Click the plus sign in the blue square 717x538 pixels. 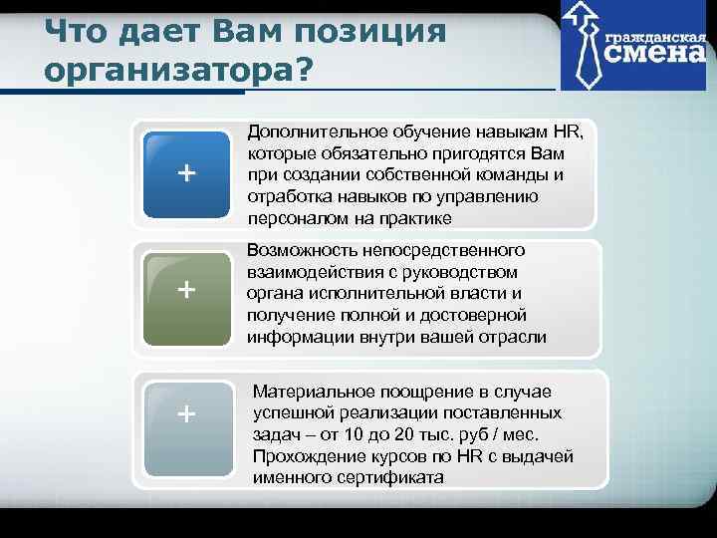coord(186,173)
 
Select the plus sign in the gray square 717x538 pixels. coord(186,412)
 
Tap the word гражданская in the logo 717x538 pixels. coord(653,33)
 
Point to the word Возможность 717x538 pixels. coord(303,250)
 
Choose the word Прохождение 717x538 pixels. coord(308,456)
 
